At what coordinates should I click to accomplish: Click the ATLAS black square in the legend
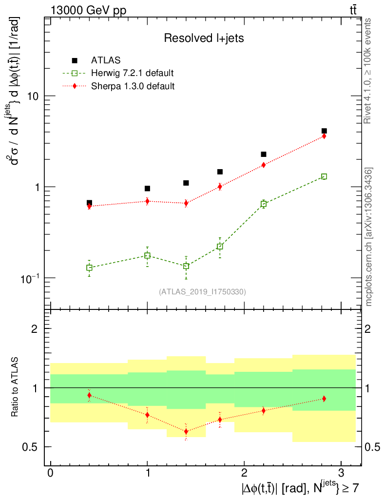click(x=75, y=60)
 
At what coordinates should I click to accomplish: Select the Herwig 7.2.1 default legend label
click(x=133, y=74)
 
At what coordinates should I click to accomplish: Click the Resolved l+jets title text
click(x=204, y=38)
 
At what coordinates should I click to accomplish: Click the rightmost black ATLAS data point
click(x=324, y=131)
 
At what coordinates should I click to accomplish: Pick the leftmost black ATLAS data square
click(x=89, y=203)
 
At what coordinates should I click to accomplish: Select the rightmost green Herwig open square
click(x=324, y=176)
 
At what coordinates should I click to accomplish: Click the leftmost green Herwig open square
click(x=89, y=268)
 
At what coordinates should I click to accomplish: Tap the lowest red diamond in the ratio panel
click(x=186, y=431)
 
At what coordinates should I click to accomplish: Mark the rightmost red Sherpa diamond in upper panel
click(x=324, y=136)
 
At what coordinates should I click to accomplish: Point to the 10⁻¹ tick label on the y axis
click(x=31, y=277)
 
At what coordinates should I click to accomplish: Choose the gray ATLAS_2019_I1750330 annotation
click(x=202, y=292)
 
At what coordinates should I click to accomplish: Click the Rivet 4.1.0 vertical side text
click(x=368, y=71)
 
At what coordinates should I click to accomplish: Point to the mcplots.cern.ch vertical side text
click(x=368, y=236)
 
